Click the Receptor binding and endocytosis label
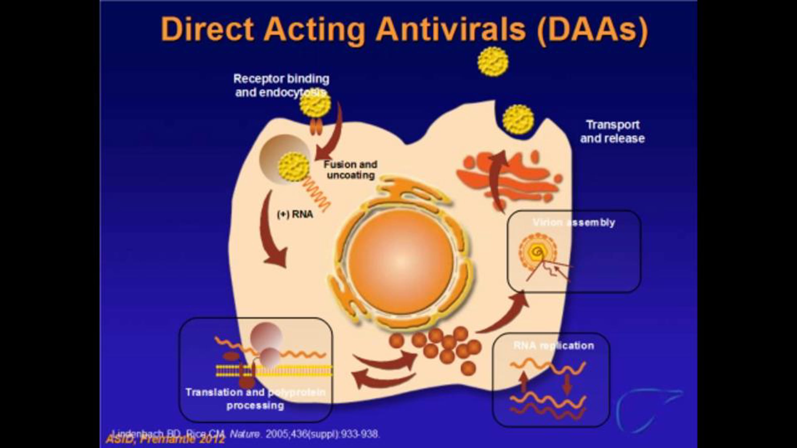click(281, 86)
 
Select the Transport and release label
click(612, 131)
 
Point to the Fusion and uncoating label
click(351, 170)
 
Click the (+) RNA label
click(295, 214)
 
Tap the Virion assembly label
click(574, 222)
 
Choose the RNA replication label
click(554, 346)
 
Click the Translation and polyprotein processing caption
click(255, 399)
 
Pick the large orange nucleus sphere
click(401, 262)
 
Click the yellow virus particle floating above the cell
click(493, 61)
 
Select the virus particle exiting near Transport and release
click(518, 119)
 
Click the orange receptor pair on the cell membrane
click(316, 128)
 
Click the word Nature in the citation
click(245, 434)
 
